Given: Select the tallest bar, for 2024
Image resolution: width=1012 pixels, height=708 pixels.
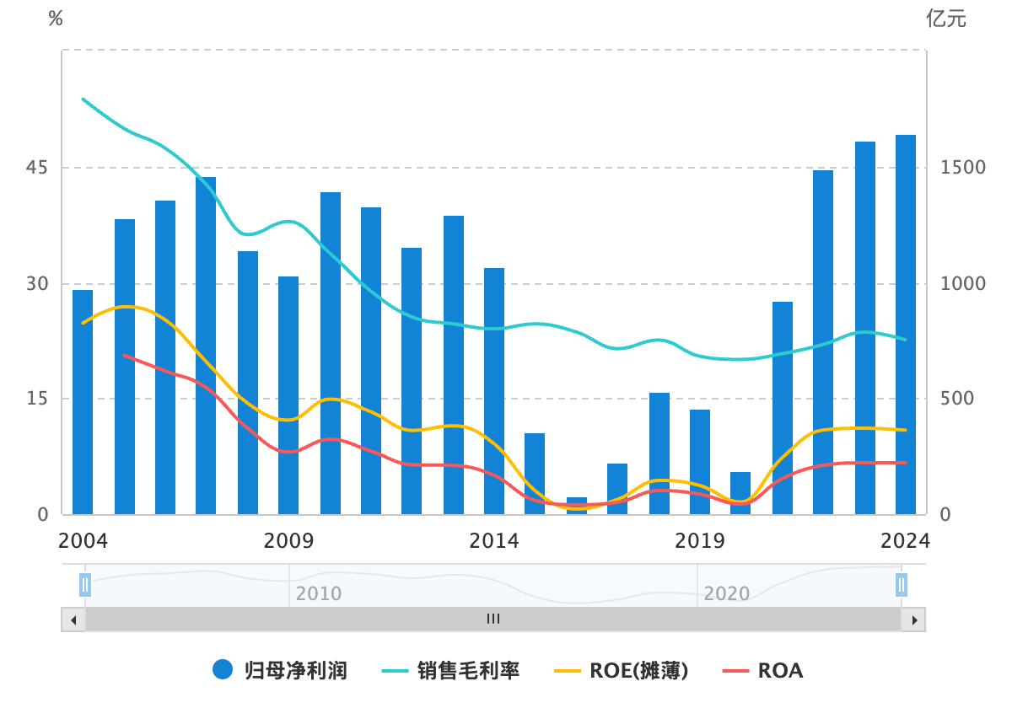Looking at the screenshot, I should [x=906, y=324].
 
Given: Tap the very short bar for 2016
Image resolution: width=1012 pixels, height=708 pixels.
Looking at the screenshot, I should [x=577, y=506].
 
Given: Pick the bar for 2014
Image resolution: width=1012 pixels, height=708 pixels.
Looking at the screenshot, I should [x=494, y=391].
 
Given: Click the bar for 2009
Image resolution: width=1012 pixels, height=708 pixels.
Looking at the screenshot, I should [x=288, y=395].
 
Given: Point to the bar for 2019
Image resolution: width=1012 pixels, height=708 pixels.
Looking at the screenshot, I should [x=700, y=462].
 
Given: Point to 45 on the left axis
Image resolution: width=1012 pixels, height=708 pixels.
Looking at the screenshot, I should [x=38, y=168].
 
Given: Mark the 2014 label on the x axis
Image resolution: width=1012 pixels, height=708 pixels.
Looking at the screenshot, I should [x=494, y=540].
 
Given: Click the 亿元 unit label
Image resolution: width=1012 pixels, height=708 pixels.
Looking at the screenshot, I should [x=946, y=19].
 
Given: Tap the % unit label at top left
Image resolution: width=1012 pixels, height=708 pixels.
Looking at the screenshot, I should [x=56, y=19].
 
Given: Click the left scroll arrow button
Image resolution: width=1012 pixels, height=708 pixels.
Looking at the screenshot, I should [x=73, y=619].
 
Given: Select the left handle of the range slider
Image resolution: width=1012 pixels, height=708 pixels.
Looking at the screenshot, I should [x=85, y=584].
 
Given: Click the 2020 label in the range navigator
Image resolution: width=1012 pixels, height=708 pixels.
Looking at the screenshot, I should [x=726, y=594].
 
